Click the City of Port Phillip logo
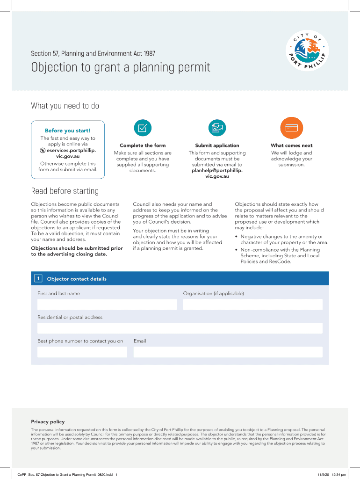(x=307, y=51)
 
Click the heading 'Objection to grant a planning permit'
(x=121, y=67)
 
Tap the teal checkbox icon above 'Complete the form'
(x=143, y=128)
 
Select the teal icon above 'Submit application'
(x=217, y=128)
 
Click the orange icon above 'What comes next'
(x=291, y=128)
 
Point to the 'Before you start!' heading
(x=68, y=131)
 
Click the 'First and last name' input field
(x=107, y=305)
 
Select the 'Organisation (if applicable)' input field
(x=252, y=305)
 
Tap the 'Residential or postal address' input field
(x=180, y=328)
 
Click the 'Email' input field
(x=228, y=352)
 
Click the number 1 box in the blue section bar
(x=37, y=279)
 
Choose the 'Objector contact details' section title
(x=77, y=279)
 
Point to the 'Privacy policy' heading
(x=48, y=421)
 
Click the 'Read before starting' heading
(x=65, y=191)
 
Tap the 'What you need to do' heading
(x=65, y=106)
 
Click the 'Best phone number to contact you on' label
(x=80, y=341)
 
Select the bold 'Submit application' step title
(x=217, y=145)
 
